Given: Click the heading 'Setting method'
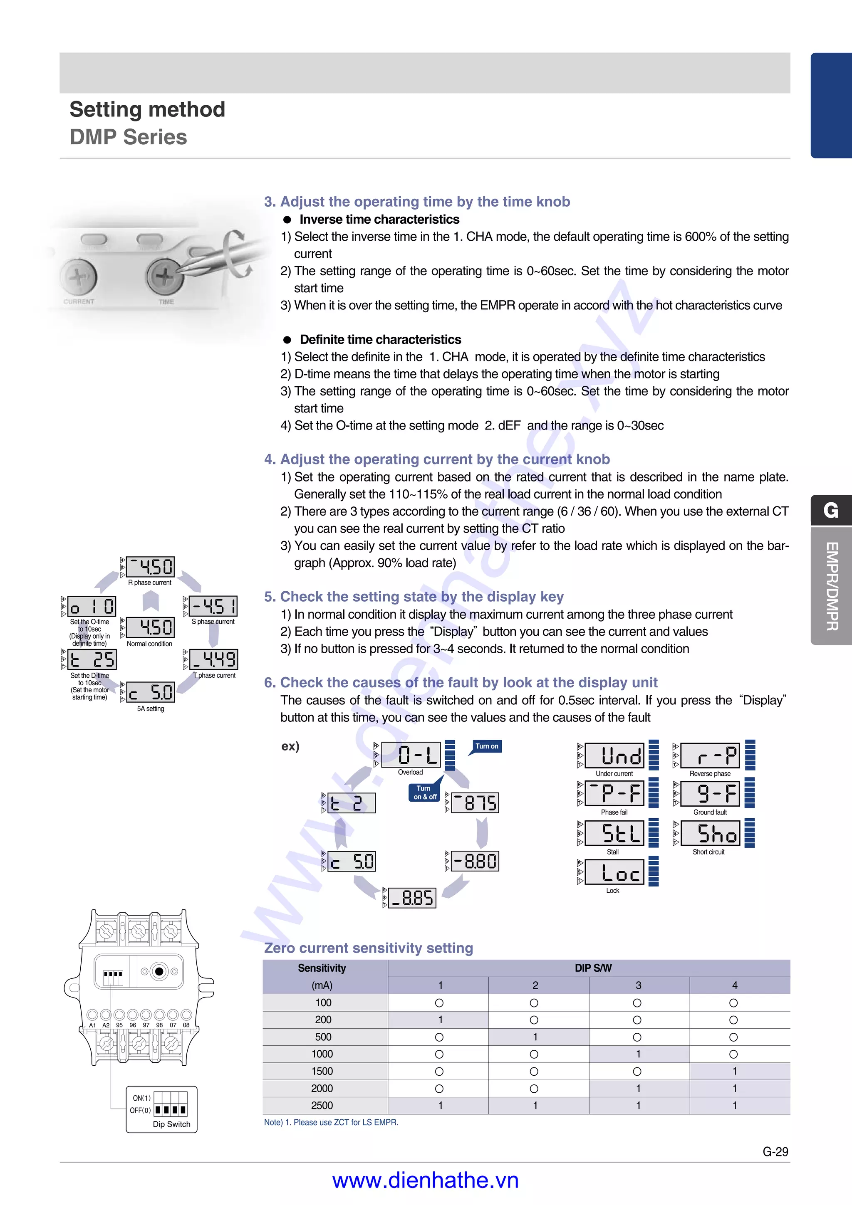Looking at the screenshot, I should point(148,110).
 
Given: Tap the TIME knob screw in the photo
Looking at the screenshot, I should point(164,277).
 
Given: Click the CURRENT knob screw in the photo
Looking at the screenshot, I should point(78,277).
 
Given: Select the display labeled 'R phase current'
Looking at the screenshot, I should point(151,567).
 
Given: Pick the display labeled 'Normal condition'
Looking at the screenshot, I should point(151,627).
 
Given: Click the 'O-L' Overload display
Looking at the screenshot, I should point(411,755).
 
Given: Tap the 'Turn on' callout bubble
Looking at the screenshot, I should point(487,746).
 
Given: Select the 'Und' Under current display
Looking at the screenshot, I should point(614,756).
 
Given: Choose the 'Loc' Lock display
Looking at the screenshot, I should point(614,872).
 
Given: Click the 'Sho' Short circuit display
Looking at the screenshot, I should point(710,833).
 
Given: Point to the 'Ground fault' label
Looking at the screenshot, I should point(710,812).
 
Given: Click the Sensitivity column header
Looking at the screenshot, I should point(322,968).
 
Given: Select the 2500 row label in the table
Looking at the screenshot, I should point(322,1106).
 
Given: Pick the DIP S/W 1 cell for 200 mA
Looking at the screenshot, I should point(440,1020).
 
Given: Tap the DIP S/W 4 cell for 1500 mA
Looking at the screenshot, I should point(734,1071).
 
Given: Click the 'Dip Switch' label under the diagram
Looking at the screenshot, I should point(172,1124).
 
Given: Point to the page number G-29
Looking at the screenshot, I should point(775,1152).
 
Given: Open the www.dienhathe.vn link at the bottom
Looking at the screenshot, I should point(425,1180).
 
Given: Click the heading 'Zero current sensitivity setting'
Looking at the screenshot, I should point(369,948).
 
